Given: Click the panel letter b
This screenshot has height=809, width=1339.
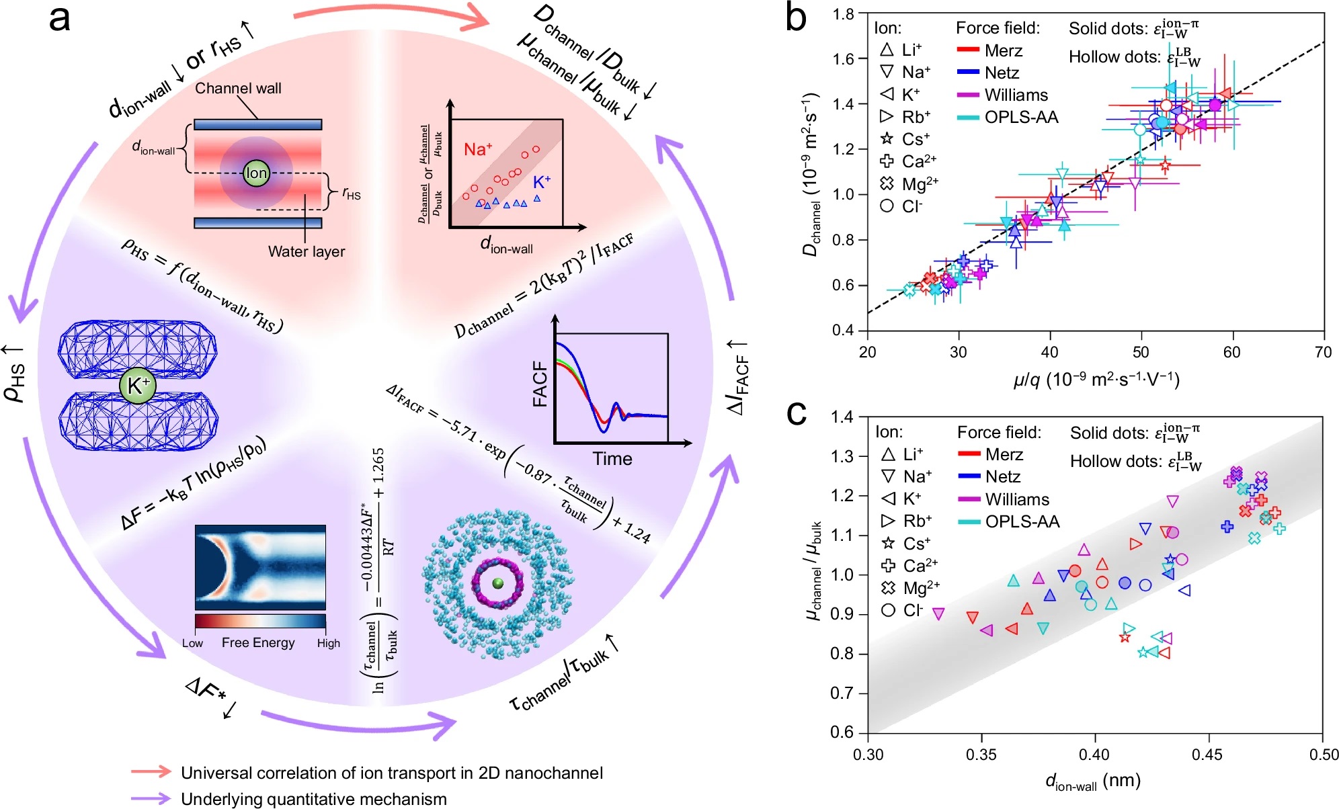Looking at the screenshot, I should coord(796,19).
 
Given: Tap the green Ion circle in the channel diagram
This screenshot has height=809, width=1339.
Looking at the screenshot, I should coord(256,173).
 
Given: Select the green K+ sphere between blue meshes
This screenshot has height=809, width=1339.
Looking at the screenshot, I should coord(138,386).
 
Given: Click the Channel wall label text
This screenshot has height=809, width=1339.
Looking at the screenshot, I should coord(238,88).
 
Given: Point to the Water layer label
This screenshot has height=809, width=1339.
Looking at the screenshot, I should coord(306,251).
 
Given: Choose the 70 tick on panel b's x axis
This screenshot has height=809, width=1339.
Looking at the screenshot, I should coord(1323,352).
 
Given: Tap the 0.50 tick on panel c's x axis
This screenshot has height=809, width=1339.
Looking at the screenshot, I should coord(1323,755).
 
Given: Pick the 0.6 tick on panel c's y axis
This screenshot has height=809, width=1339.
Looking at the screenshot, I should coord(843,732).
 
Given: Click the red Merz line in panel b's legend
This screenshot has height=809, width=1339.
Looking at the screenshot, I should coord(968,50).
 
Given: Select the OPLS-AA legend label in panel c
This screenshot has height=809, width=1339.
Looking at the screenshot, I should coord(1022,521).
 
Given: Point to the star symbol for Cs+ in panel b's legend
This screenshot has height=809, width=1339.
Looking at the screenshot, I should coord(887,138).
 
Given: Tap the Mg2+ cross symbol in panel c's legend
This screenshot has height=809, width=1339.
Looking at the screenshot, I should coord(888,588).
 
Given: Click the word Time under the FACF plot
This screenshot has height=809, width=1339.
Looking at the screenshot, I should coord(612,459).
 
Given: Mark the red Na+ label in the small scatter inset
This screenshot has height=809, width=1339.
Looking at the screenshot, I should coord(478,149).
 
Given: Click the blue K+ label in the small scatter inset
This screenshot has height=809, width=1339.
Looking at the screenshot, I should coord(542,182).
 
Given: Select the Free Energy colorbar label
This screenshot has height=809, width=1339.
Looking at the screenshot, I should coord(258,642).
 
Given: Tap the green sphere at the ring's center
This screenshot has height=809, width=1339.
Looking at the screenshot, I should coord(497,583).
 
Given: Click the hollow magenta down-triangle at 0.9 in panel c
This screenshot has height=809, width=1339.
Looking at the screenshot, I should coord(938,613).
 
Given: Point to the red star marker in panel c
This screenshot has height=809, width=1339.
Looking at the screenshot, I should coord(1125,637).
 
